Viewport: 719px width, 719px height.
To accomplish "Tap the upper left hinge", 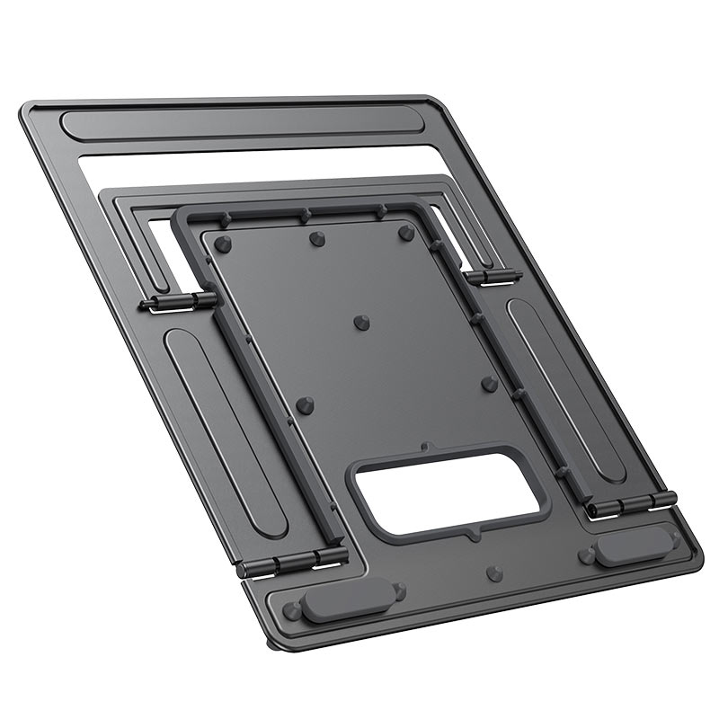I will tap(179, 302).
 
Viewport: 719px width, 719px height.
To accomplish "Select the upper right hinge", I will tap(493, 276).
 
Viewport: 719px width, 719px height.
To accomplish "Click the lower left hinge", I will tap(292, 563).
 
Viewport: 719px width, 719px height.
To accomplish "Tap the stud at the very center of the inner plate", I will tap(361, 322).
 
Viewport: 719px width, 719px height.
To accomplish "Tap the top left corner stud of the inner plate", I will tap(223, 244).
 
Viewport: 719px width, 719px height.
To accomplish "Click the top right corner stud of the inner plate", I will tap(406, 232).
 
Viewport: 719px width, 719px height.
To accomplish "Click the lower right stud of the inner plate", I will tap(489, 384).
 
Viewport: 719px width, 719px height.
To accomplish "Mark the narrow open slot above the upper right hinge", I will tap(448, 230).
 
